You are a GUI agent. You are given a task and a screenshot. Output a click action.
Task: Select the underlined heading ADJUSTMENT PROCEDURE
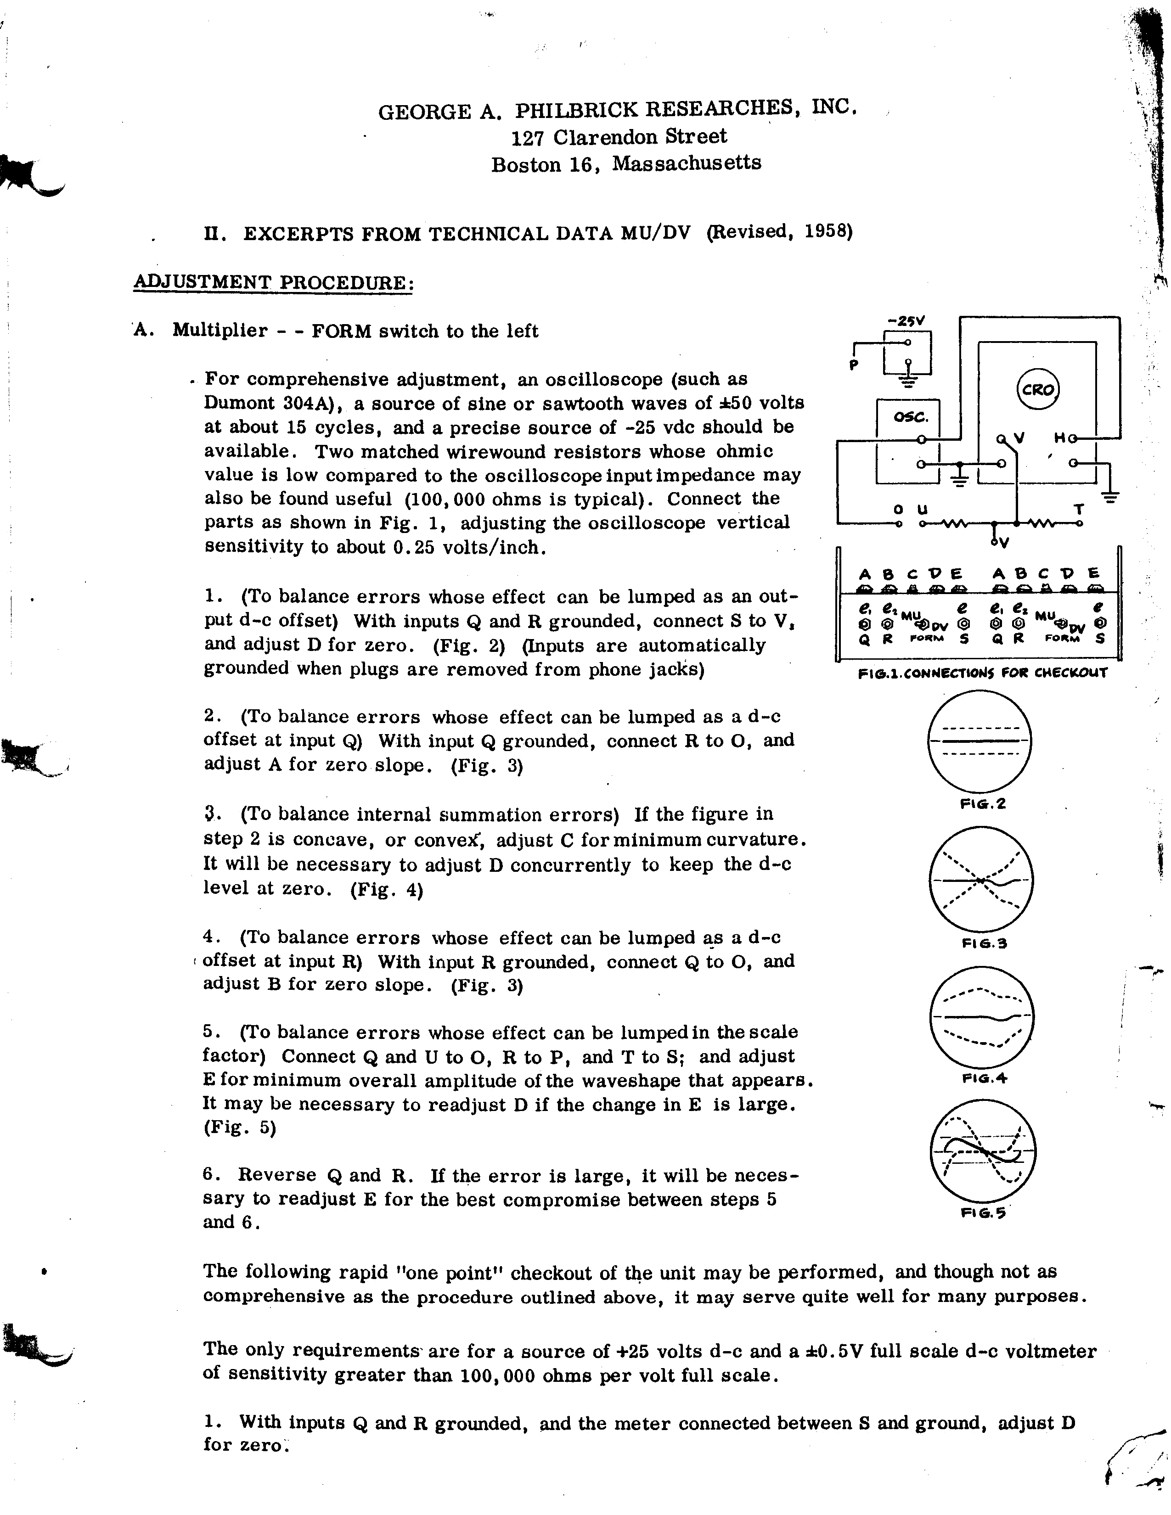click(273, 283)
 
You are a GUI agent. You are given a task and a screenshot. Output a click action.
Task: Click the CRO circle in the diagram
click(1038, 389)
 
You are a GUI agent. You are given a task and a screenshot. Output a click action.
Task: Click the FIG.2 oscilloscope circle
click(980, 741)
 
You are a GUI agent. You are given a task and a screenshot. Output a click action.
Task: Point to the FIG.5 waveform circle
click(982, 1152)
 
